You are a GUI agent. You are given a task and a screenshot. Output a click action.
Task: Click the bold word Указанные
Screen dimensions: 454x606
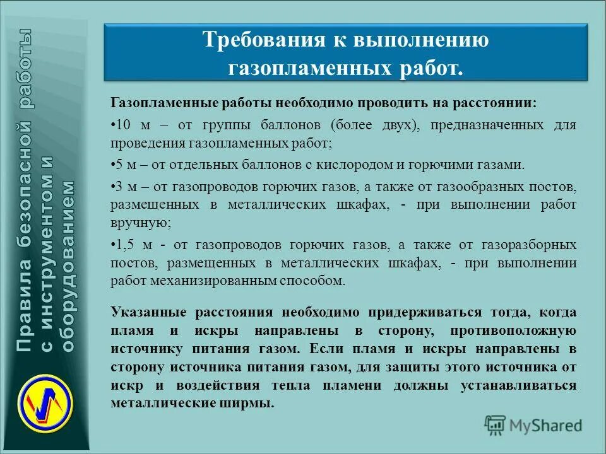(x=147, y=313)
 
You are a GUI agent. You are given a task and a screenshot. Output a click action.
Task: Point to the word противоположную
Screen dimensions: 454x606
(x=513, y=330)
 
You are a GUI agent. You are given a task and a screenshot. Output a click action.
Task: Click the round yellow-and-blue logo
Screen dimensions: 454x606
(x=45, y=399)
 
